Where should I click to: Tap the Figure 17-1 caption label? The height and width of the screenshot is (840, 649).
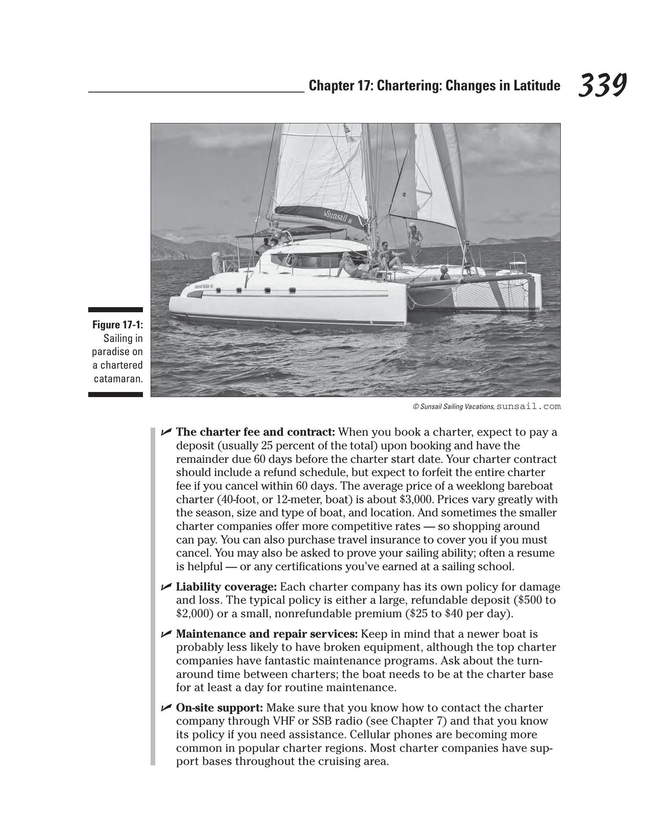click(x=117, y=325)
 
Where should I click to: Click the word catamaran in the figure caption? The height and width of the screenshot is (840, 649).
click(x=118, y=379)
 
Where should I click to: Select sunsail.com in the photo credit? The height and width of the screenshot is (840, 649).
click(x=529, y=406)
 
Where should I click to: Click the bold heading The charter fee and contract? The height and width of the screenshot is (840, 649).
click(x=255, y=432)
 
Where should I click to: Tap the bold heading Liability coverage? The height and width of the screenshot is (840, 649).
click(x=226, y=587)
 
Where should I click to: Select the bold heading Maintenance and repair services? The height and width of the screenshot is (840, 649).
click(x=266, y=634)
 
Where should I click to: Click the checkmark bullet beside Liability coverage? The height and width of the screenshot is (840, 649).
click(x=166, y=587)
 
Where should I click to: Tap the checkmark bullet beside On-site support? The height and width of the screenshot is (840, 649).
click(x=166, y=708)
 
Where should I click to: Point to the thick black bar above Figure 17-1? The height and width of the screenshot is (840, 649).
click(x=115, y=310)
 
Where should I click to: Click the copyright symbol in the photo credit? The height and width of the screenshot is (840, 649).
click(x=416, y=407)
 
